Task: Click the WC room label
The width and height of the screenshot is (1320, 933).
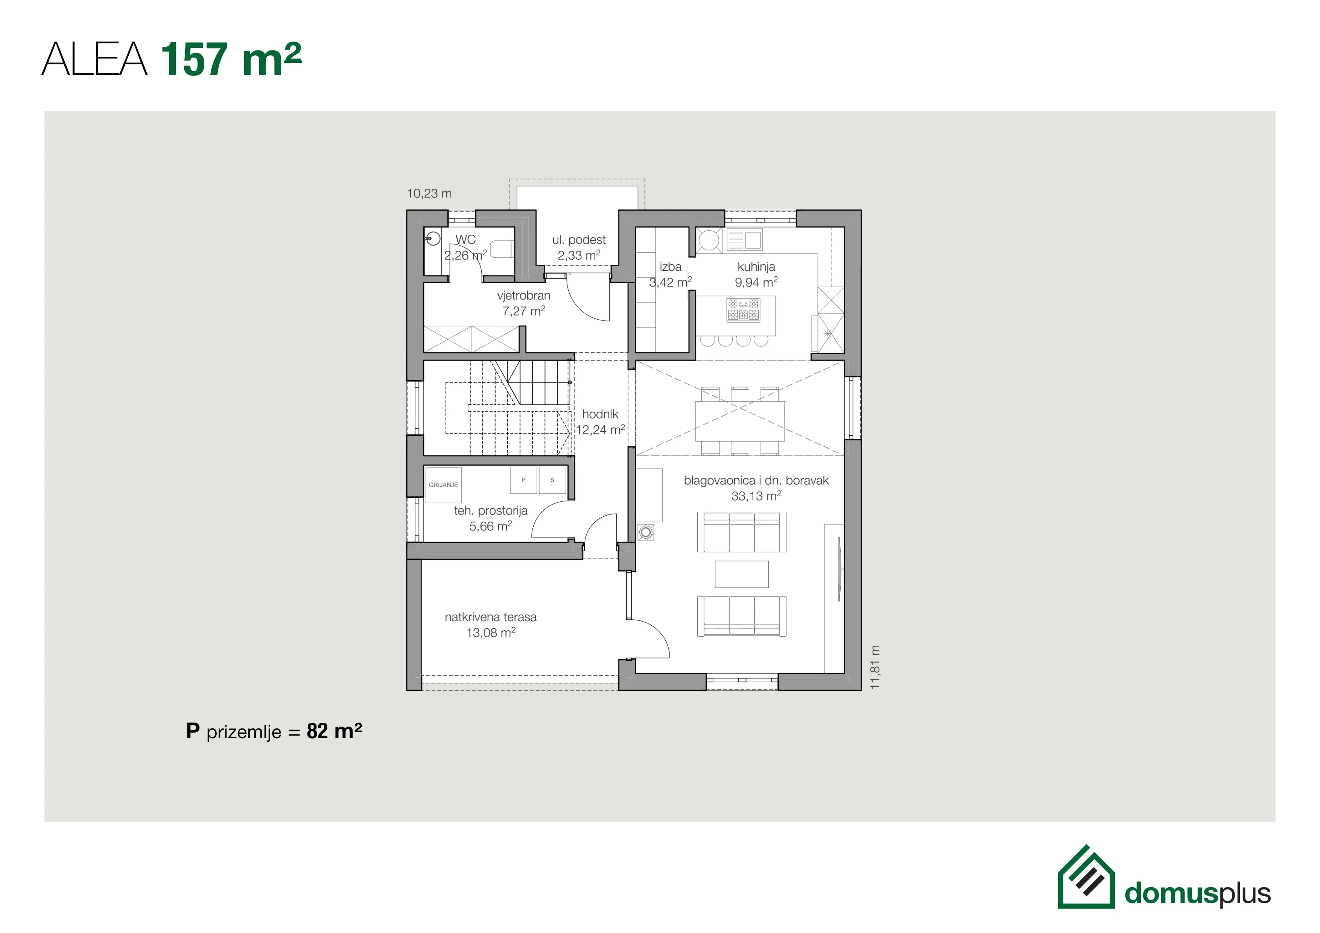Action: click(x=466, y=240)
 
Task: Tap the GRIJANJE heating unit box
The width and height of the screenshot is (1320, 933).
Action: click(x=443, y=485)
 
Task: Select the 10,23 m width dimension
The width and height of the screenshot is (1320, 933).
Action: click(x=429, y=194)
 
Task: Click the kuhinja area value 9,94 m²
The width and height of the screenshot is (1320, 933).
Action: click(x=756, y=282)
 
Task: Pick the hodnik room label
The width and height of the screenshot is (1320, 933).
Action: click(x=600, y=414)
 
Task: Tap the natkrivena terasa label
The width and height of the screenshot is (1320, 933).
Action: click(x=490, y=617)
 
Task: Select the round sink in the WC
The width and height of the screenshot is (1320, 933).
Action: click(x=433, y=237)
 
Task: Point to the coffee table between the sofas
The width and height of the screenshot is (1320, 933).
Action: click(x=742, y=574)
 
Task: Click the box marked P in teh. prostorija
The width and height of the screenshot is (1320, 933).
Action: click(x=523, y=480)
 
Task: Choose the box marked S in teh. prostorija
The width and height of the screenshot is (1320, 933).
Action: click(x=552, y=480)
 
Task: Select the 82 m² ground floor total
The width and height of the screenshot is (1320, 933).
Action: click(x=335, y=731)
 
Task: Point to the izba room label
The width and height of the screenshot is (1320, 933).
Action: click(x=671, y=267)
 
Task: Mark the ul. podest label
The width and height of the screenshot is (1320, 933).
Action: click(x=579, y=240)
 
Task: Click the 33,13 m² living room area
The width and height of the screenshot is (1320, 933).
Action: click(x=756, y=496)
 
